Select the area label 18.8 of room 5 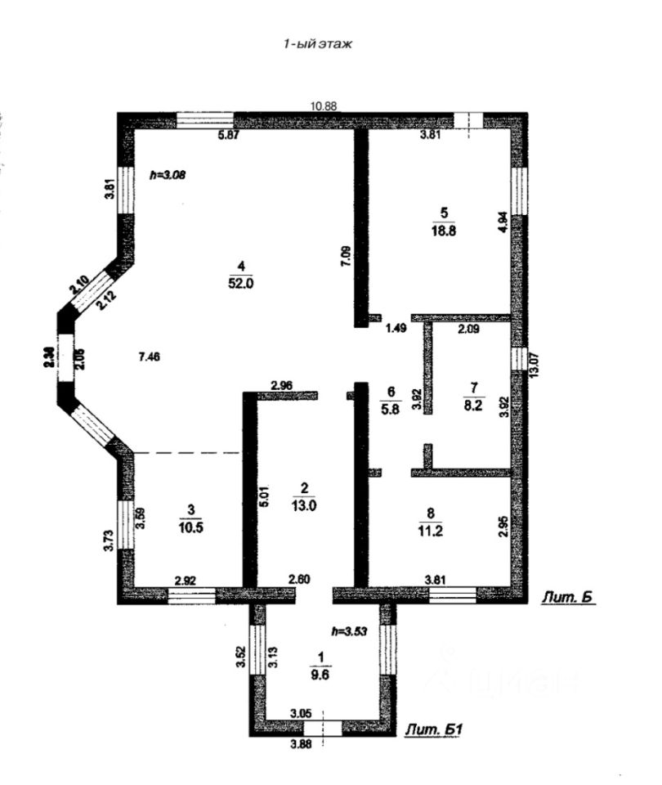click(x=444, y=231)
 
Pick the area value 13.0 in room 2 click(x=304, y=505)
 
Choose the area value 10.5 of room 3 click(x=190, y=527)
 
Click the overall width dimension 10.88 click(x=324, y=105)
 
